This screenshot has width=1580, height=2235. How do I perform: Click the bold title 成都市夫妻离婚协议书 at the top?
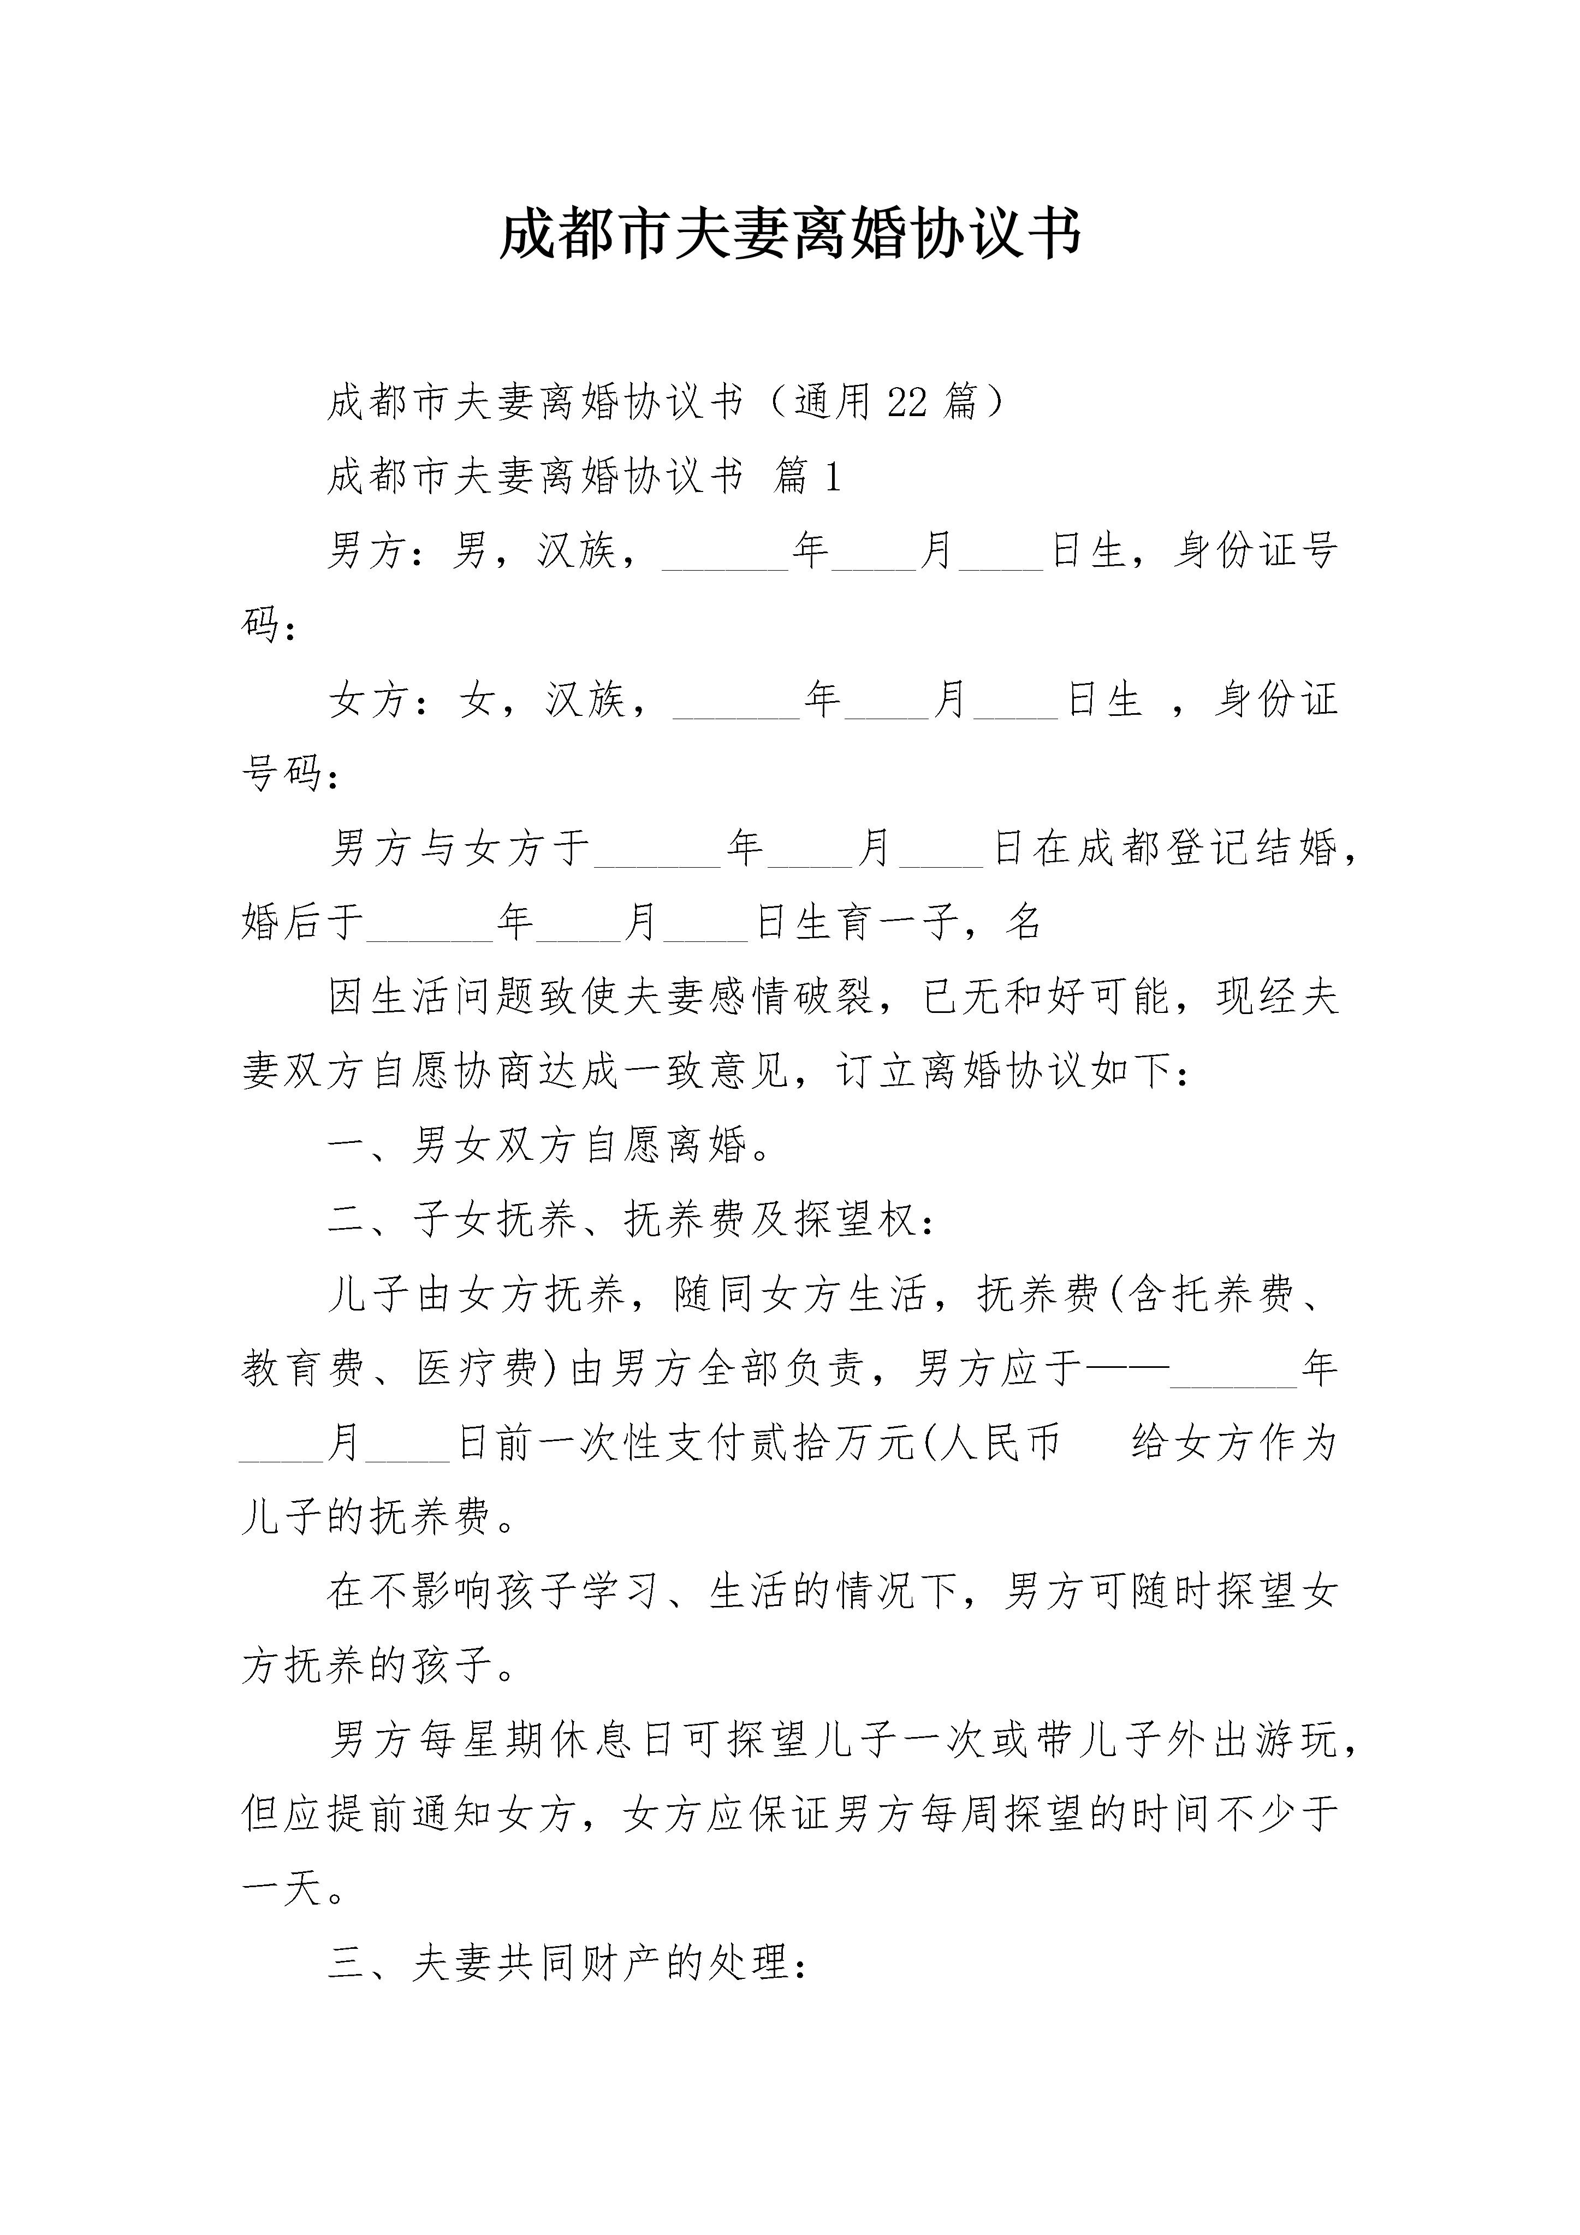pyautogui.click(x=789, y=235)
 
